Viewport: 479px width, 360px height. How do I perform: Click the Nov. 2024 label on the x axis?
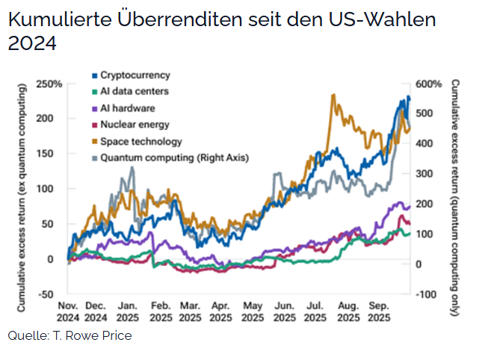pos(69,312)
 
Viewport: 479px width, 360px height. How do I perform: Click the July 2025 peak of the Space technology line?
pos(331,96)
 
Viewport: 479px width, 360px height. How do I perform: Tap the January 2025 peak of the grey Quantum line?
pos(132,168)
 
